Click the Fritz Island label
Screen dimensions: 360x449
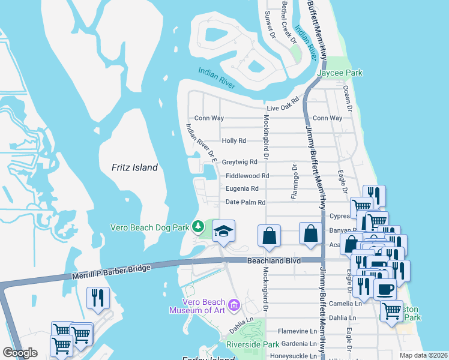point(135,168)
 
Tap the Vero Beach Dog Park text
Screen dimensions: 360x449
point(149,227)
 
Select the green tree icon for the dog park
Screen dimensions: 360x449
point(199,227)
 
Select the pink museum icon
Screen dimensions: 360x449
point(234,306)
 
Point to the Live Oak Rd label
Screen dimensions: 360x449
point(283,104)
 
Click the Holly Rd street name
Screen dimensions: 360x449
point(234,141)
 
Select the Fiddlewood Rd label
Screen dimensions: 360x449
point(247,176)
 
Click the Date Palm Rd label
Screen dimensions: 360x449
point(245,203)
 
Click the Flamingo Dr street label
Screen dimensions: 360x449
point(294,181)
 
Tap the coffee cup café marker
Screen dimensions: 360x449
point(385,289)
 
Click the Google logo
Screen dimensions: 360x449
point(20,353)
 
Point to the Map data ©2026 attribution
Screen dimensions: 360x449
point(423,355)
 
